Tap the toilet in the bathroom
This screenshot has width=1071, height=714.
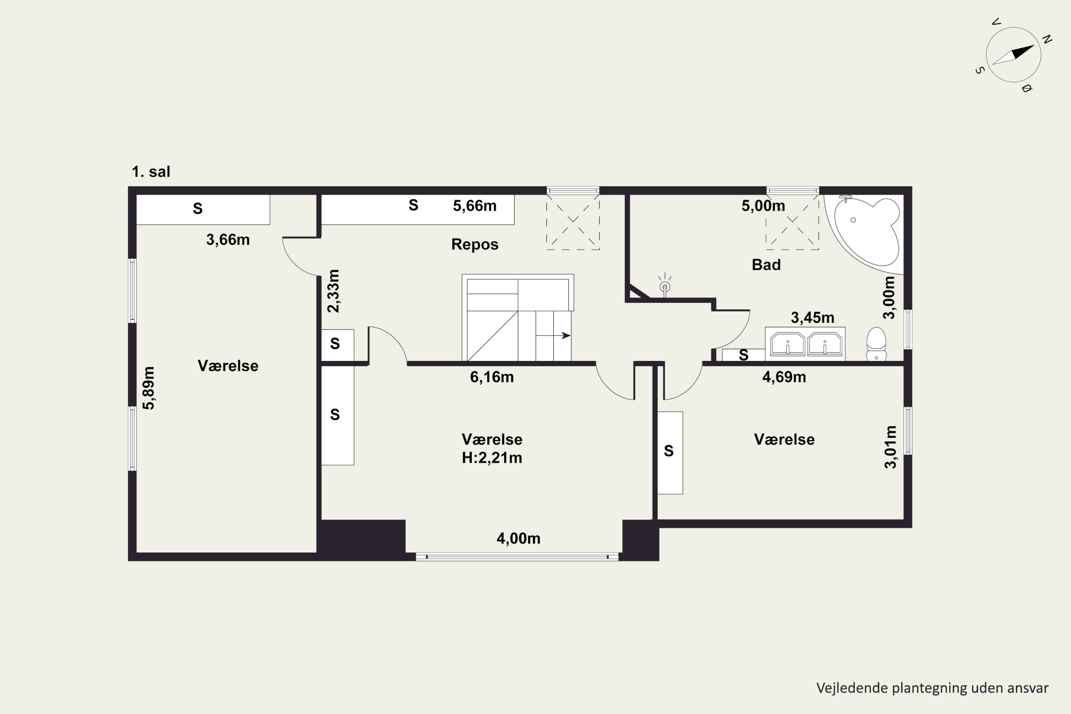tap(876, 344)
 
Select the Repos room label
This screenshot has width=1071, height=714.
tap(475, 245)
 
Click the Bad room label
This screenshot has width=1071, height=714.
tap(766, 265)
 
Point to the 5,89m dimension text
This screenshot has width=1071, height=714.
tap(149, 388)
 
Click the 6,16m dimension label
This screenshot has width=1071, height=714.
tap(492, 377)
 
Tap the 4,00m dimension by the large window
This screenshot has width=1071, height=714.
tap(518, 539)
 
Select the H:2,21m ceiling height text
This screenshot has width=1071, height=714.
tap(492, 458)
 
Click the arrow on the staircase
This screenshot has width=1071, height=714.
tap(553, 336)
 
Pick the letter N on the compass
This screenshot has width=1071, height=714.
tap(1047, 39)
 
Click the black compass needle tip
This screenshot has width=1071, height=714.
tap(1034, 45)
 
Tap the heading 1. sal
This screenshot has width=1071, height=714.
tap(151, 172)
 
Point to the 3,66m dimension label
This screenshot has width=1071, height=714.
tap(228, 240)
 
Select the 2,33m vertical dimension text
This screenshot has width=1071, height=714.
tap(334, 291)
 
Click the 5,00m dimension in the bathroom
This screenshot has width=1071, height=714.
tap(763, 206)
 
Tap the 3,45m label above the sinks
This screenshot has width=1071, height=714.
tap(813, 317)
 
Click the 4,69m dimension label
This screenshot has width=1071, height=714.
tap(784, 377)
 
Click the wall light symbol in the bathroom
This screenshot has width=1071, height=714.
tap(665, 285)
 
